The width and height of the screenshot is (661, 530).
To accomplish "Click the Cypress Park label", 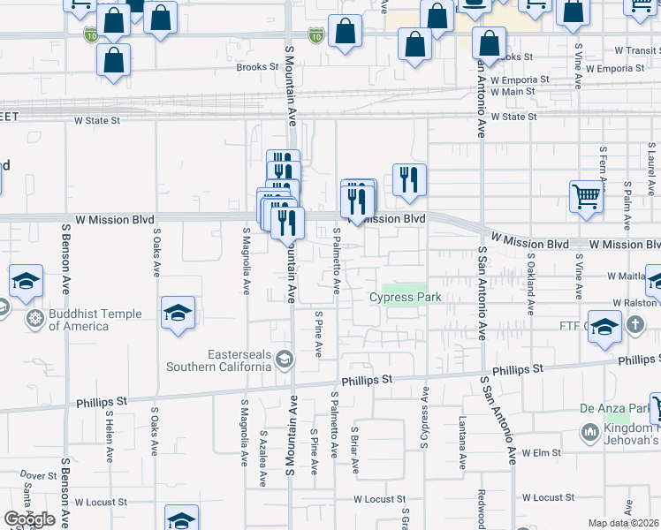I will point(405,298).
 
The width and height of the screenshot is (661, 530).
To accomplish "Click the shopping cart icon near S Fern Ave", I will point(586,196).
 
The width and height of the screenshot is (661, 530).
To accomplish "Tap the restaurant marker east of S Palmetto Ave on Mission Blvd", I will point(408,179).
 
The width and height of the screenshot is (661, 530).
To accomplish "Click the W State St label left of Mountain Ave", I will point(97,119).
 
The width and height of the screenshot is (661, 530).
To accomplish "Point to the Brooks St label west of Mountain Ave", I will point(257,67).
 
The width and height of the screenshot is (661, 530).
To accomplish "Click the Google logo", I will point(29,519).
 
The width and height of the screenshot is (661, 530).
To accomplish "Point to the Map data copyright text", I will point(624,523).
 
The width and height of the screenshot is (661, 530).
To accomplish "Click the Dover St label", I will point(39,475).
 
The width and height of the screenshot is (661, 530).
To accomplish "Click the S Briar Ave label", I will point(354,450).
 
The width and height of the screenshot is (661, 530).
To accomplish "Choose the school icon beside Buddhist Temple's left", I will point(27,282).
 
